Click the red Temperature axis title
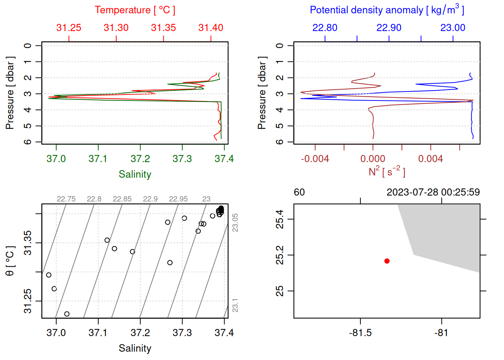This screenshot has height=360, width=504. (135, 10)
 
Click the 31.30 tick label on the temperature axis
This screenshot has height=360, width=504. (116, 28)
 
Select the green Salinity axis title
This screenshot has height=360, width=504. (135, 174)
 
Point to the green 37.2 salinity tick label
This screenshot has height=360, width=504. (140, 159)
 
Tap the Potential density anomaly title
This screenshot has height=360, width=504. (387, 10)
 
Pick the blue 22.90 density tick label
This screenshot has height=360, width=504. (389, 28)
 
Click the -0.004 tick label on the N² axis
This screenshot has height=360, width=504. (315, 159)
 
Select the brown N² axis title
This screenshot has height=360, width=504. (387, 172)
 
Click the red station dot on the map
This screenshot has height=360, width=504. (387, 261)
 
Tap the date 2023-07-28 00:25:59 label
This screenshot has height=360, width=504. (433, 192)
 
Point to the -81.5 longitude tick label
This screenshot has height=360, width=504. (360, 333)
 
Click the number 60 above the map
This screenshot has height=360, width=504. (299, 192)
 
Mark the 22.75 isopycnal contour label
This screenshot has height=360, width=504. (66, 199)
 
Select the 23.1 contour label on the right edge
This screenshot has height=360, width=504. (235, 305)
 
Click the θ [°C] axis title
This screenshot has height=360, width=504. (10, 261)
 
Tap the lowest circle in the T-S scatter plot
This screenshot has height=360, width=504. (67, 314)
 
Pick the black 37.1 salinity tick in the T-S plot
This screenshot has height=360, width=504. (98, 333)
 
